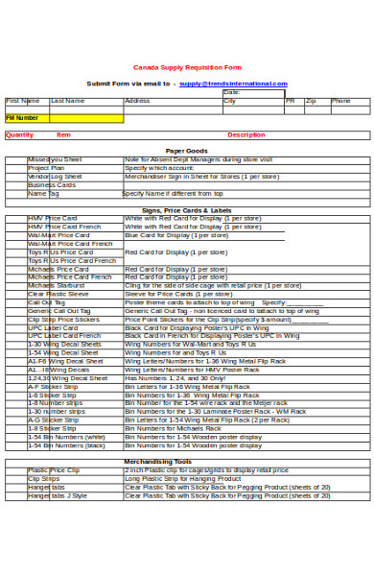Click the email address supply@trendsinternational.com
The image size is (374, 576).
pyautogui.click(x=233, y=84)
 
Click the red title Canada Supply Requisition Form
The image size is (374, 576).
pyautogui.click(x=186, y=67)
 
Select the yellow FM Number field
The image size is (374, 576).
pyautogui.click(x=64, y=118)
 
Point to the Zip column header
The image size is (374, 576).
pyautogui.click(x=311, y=100)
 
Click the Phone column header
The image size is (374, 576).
pyautogui.click(x=340, y=100)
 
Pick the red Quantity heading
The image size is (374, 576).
pyautogui.click(x=19, y=135)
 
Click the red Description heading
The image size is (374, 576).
pyautogui.click(x=245, y=135)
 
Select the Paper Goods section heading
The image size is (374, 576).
pyautogui.click(x=186, y=152)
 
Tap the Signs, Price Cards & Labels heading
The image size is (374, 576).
pyautogui.click(x=186, y=209)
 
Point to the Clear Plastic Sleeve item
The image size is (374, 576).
pyautogui.click(x=58, y=294)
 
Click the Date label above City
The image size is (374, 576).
pyautogui.click(x=230, y=93)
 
